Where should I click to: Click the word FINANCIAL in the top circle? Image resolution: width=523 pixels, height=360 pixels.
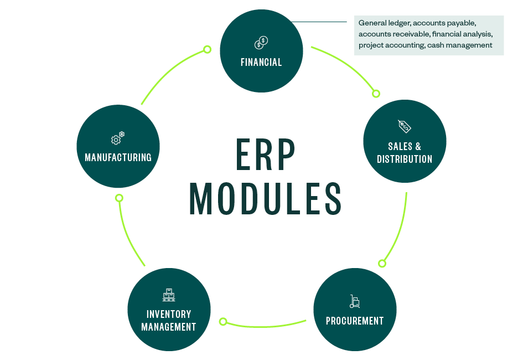point(261,63)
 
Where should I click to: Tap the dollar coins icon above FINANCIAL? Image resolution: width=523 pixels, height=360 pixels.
point(261,43)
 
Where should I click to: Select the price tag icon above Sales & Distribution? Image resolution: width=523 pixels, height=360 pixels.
point(405,126)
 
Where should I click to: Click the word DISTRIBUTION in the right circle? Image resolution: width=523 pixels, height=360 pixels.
point(405,159)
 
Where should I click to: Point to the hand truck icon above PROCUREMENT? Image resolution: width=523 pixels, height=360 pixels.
point(355,302)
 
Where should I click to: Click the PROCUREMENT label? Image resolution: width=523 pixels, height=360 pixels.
point(355,321)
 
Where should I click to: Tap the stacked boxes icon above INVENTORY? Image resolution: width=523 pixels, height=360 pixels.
point(169,295)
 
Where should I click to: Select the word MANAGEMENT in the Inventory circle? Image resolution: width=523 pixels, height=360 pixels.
point(169,327)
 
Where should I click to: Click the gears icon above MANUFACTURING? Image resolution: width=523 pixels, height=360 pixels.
point(118,138)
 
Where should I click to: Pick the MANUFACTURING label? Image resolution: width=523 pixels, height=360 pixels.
point(118,158)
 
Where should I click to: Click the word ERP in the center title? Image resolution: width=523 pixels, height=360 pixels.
point(266,155)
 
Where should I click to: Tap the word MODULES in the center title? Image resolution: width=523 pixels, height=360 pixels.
point(266,198)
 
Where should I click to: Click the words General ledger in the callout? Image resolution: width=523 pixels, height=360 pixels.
point(384,23)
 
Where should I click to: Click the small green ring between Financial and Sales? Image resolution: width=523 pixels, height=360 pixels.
point(376,94)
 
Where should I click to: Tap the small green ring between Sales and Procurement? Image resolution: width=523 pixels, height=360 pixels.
point(381,263)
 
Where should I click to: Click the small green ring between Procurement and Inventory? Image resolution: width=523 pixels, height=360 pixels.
point(224,321)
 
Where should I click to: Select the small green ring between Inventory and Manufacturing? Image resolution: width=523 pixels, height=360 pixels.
point(119,198)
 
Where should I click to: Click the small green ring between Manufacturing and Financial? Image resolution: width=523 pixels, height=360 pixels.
point(207,49)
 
